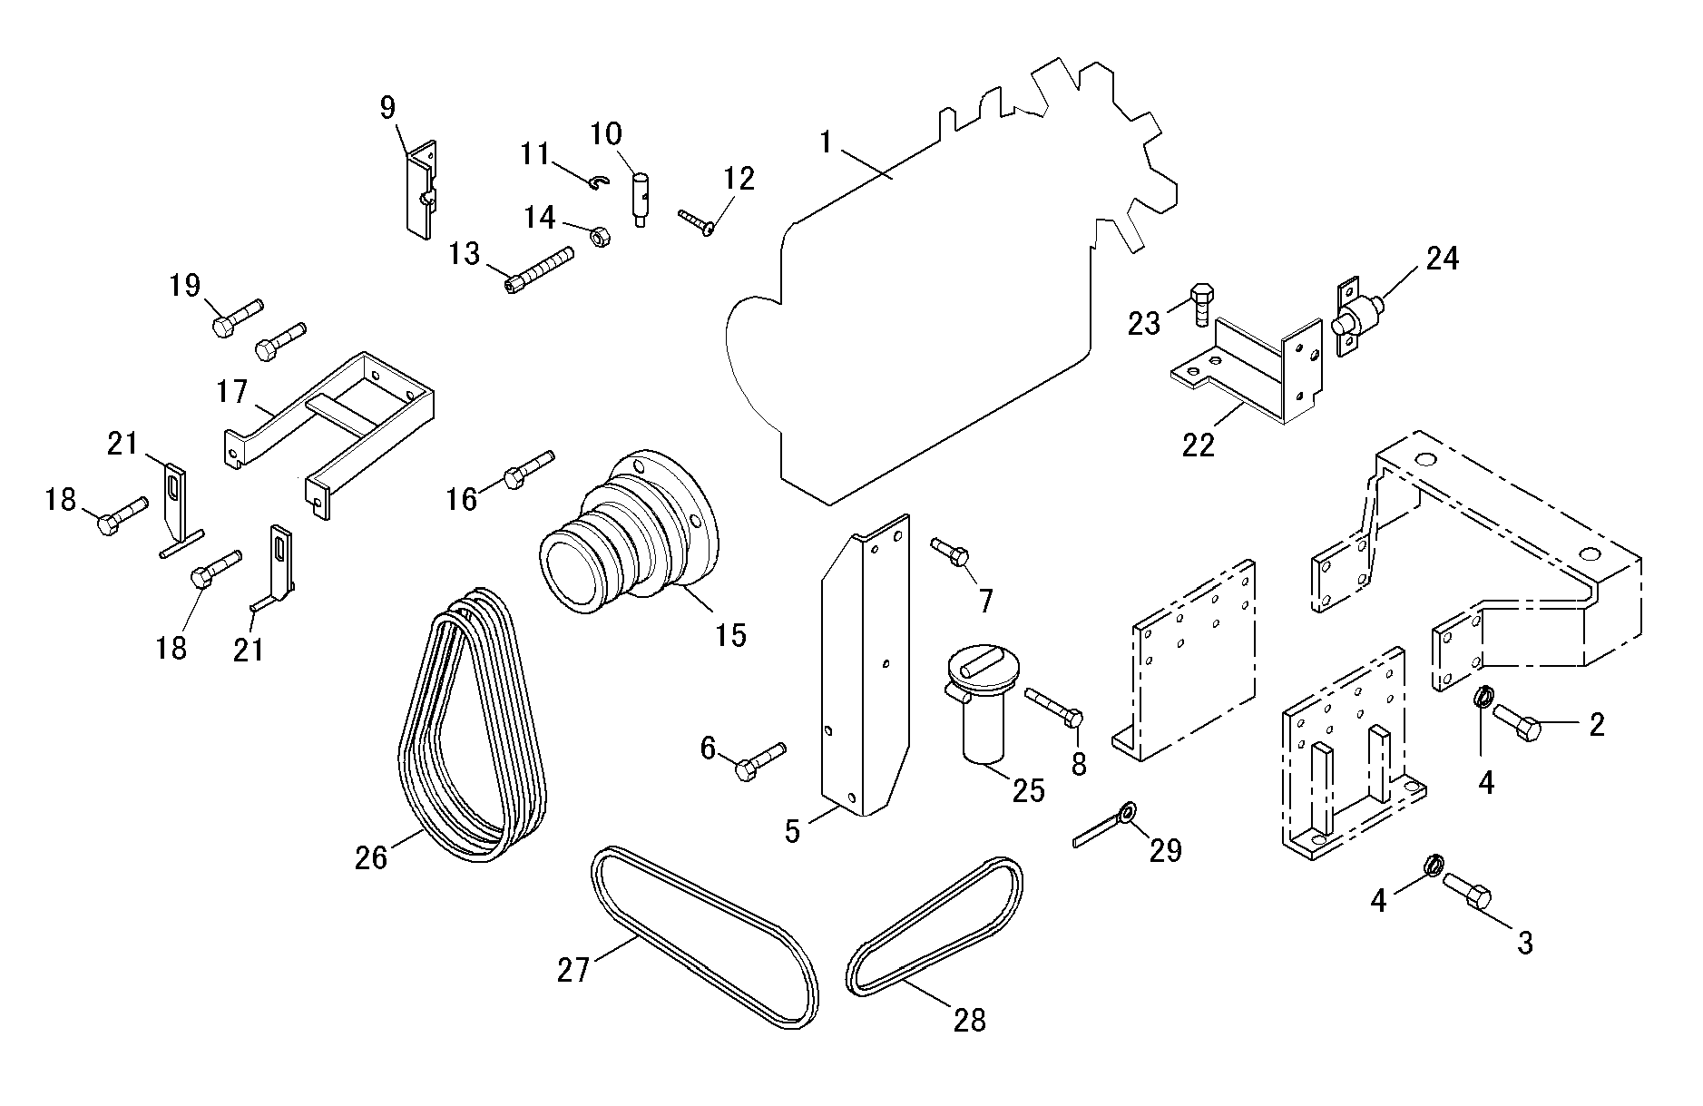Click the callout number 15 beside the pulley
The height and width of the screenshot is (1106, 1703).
pos(730,634)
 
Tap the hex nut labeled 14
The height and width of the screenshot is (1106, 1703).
pos(599,238)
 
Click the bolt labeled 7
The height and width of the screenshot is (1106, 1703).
pos(951,551)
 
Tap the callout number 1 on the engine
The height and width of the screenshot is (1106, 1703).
pos(826,143)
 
